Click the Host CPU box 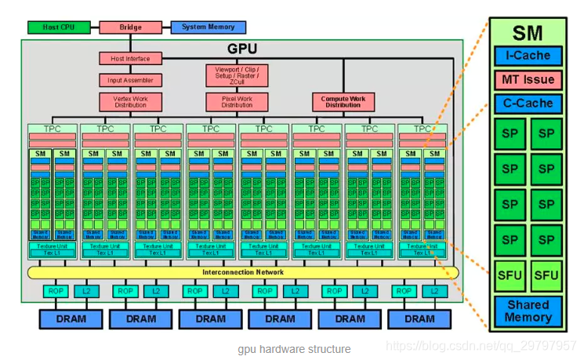[x=57, y=27]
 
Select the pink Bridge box [x=130, y=27]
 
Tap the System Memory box [x=208, y=27]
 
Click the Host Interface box [x=130, y=58]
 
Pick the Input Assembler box [x=130, y=80]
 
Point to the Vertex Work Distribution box [x=130, y=102]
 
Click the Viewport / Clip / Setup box [x=237, y=75]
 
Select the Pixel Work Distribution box [x=237, y=102]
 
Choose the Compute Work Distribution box [x=343, y=102]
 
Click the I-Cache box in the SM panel [x=528, y=56]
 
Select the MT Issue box [x=528, y=79]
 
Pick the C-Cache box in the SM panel [x=528, y=103]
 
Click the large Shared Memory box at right [x=528, y=311]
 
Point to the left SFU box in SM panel [x=510, y=275]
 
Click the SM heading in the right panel [x=528, y=33]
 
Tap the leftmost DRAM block [x=71, y=319]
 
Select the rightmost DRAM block [x=419, y=319]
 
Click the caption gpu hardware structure [x=294, y=349]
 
